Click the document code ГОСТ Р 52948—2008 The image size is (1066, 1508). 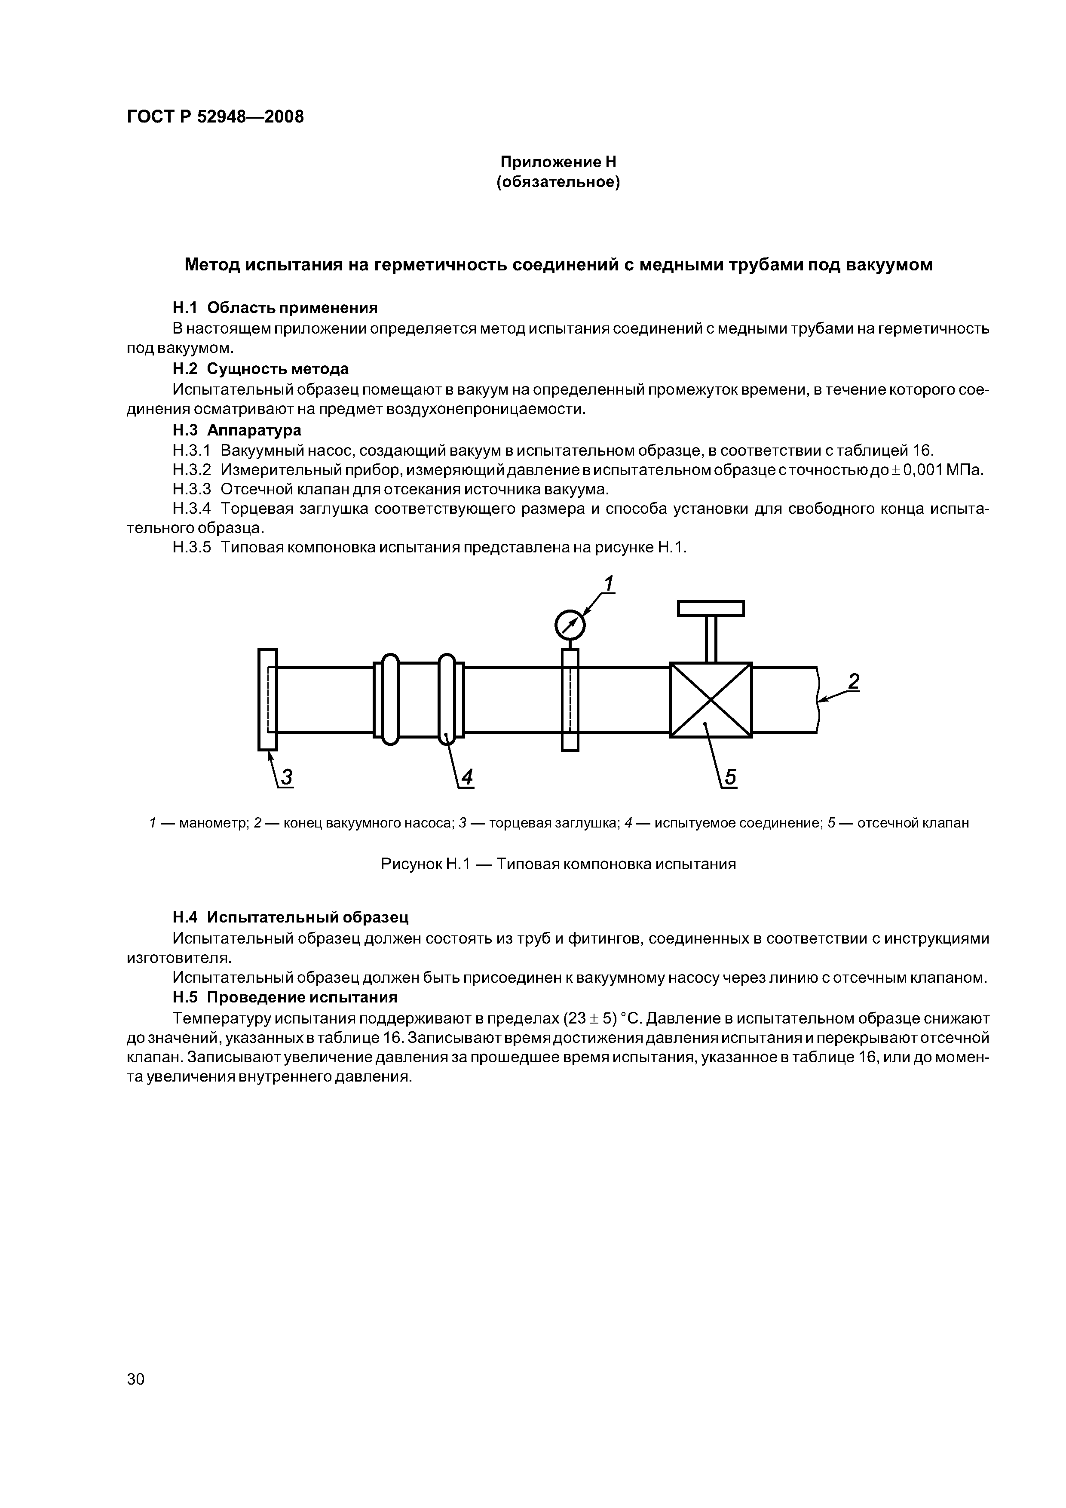[215, 117]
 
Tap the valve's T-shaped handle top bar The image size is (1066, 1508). [711, 609]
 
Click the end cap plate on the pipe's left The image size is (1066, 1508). [267, 699]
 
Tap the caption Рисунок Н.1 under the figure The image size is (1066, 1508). [558, 864]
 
